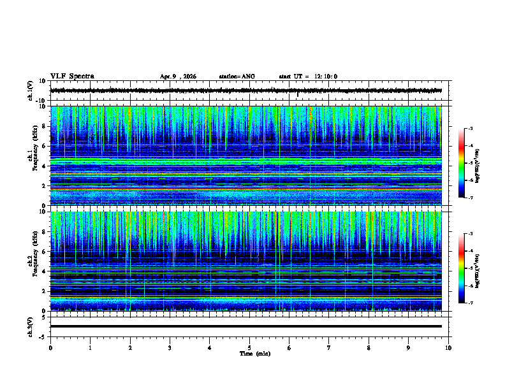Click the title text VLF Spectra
(72, 76)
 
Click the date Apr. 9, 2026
(178, 76)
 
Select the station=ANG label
(237, 76)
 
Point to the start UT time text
(308, 76)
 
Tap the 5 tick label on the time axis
(249, 347)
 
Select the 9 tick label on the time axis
(409, 347)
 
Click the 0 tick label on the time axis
(50, 347)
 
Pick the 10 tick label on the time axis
(448, 347)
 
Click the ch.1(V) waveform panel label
(31, 90)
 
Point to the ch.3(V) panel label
(31, 326)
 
